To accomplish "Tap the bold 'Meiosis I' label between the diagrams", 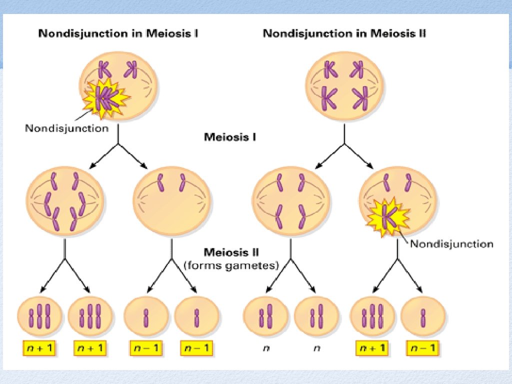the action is click(230, 136).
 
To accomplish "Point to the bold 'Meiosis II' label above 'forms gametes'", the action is click(231, 253).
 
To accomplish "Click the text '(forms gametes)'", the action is click(231, 265).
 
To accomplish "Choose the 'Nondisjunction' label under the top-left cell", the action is click(66, 128).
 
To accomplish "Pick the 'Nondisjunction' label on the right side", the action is click(451, 244).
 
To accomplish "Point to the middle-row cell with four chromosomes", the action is click(290, 201).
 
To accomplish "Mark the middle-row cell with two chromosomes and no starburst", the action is click(171, 201).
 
